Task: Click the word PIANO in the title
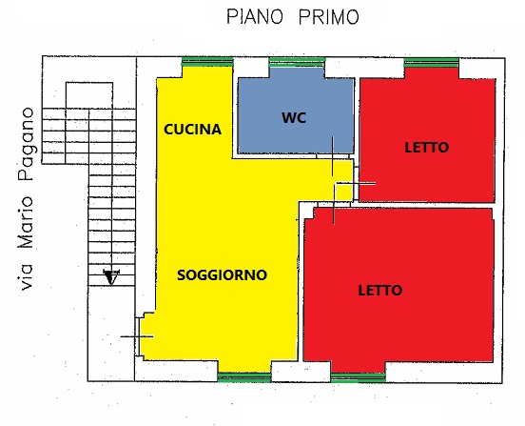click(255, 17)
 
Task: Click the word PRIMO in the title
click(329, 17)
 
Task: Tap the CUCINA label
click(192, 130)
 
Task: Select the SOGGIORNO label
click(222, 275)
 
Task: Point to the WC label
click(294, 118)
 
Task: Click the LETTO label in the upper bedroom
click(426, 148)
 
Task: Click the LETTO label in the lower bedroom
click(380, 290)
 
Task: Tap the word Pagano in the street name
click(26, 144)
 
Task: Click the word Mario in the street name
click(26, 223)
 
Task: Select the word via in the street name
click(26, 276)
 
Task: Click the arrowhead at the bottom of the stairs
click(111, 276)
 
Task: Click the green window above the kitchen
click(207, 62)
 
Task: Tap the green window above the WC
click(297, 62)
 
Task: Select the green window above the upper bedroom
click(431, 62)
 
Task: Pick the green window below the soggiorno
click(244, 377)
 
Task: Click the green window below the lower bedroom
click(358, 377)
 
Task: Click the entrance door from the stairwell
click(137, 336)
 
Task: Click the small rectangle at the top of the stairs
click(89, 95)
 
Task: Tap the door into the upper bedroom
click(356, 184)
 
